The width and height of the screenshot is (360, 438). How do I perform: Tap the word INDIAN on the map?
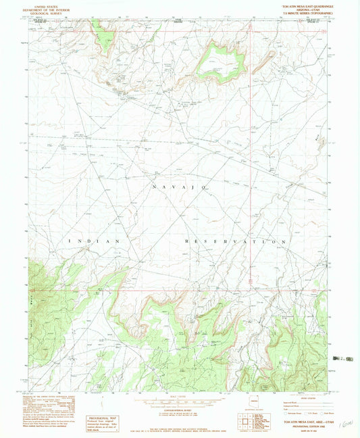(x=94, y=241)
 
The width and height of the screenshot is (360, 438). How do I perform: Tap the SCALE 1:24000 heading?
(x=180, y=395)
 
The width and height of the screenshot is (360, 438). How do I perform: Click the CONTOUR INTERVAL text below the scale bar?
(x=180, y=410)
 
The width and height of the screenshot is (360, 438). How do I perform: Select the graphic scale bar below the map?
(x=180, y=402)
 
